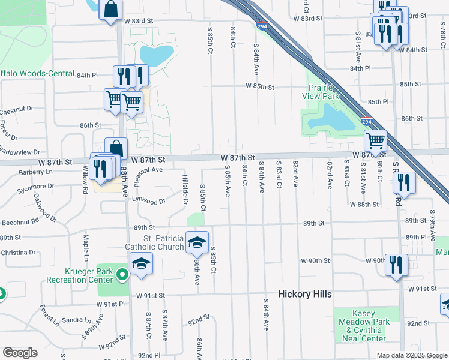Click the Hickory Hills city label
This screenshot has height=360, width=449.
[x=305, y=294]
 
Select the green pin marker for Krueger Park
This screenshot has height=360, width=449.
[x=122, y=276]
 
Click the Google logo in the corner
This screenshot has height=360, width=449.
[x=20, y=353]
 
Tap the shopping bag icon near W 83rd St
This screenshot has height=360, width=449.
[x=110, y=10]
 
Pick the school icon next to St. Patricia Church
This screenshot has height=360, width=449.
[x=197, y=242]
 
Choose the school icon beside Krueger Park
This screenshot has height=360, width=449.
[x=141, y=263]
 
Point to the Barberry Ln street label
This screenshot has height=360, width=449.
[x=18, y=171]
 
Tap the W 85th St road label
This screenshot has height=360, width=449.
[x=259, y=87]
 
